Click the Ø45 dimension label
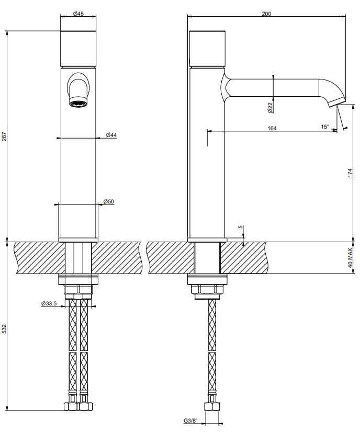pyautogui.click(x=78, y=14)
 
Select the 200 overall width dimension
pyautogui.click(x=266, y=14)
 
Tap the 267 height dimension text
pyautogui.click(x=5, y=137)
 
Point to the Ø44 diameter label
pyautogui.click(x=111, y=135)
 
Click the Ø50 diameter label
pyautogui.click(x=109, y=201)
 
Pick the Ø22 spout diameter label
pyautogui.click(x=269, y=107)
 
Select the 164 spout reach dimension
pyautogui.click(x=272, y=128)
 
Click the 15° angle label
pyautogui.click(x=325, y=127)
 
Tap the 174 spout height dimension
pyautogui.click(x=351, y=173)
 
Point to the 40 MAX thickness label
pyautogui.click(x=351, y=258)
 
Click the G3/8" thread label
pyautogui.click(x=191, y=421)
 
